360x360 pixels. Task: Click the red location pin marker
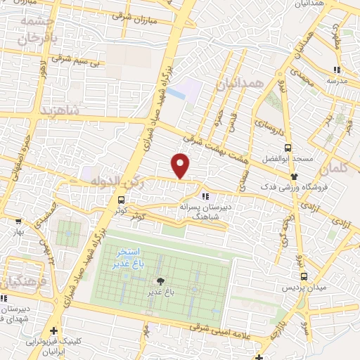click(x=181, y=166)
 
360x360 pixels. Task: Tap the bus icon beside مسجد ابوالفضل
click(x=288, y=148)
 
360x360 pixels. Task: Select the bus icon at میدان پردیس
click(x=304, y=277)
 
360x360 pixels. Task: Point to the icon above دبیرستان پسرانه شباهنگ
click(x=205, y=196)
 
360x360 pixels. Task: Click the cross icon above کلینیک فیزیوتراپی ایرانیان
click(x=53, y=330)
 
